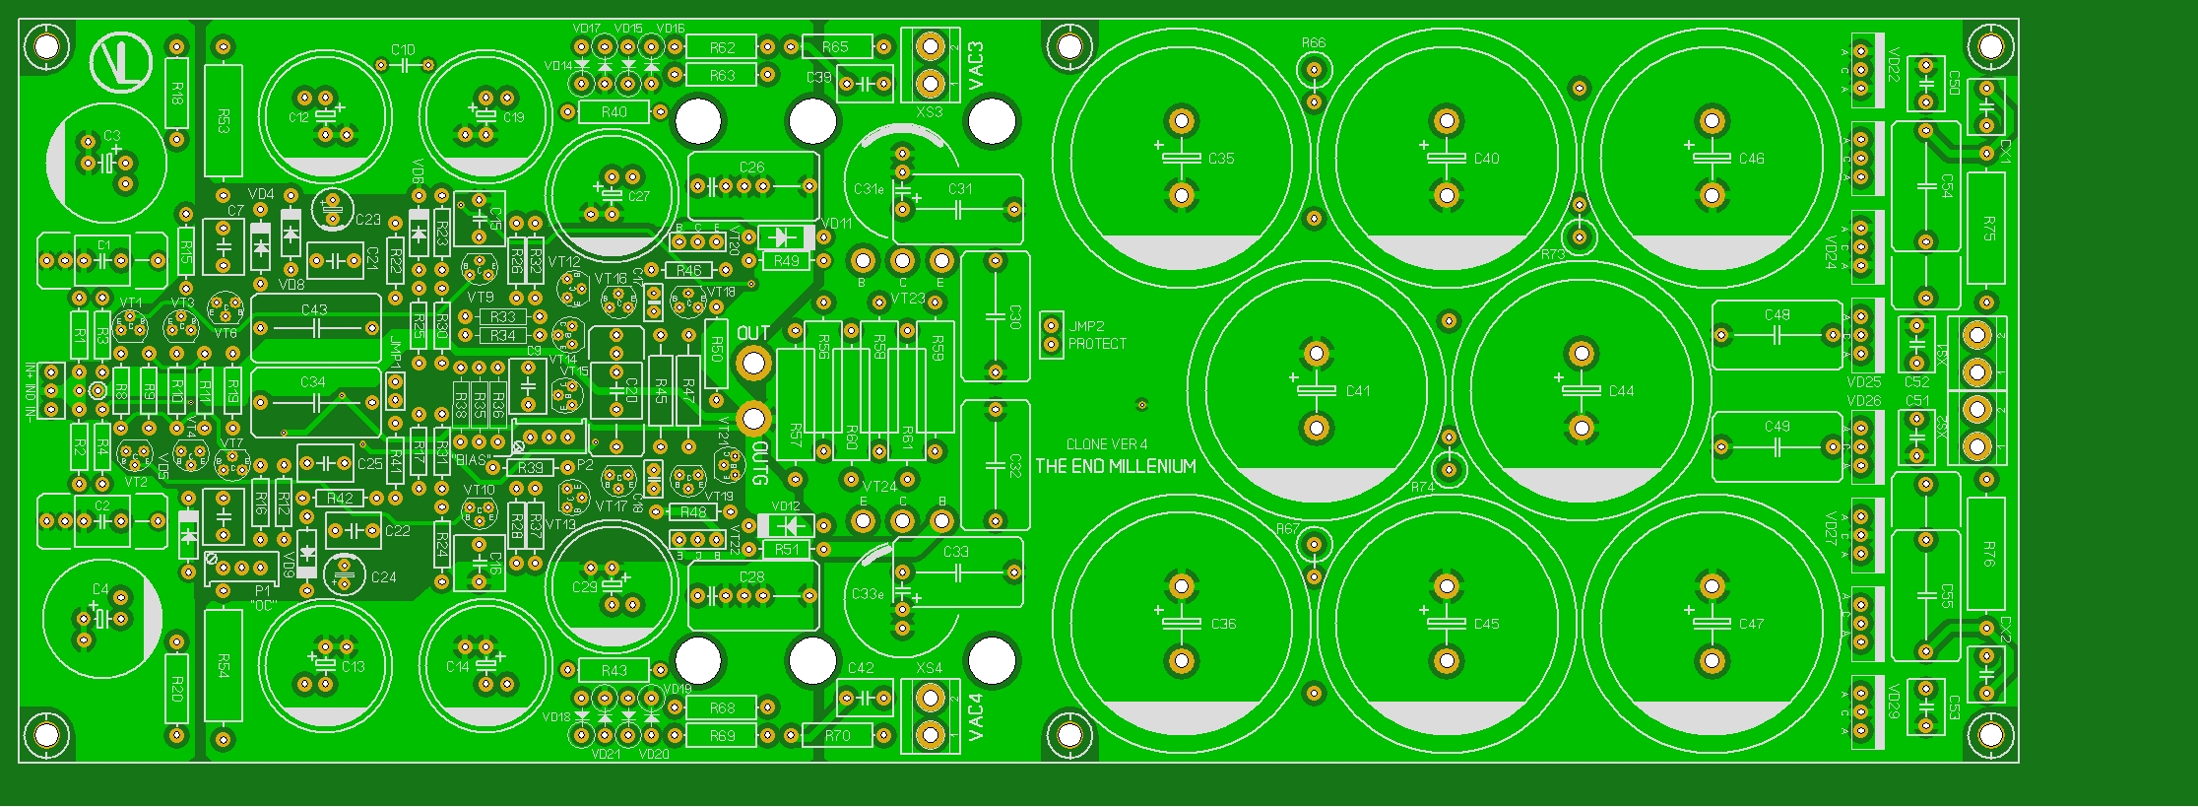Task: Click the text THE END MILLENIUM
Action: [1116, 466]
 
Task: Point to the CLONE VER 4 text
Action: [1107, 444]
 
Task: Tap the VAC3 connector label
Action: [976, 65]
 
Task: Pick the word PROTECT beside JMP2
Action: [1097, 344]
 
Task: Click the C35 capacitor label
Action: [1221, 159]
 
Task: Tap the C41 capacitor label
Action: [1358, 391]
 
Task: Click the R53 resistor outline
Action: [223, 121]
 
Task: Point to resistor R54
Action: [223, 666]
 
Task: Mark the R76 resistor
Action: [1987, 554]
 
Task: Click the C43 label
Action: [314, 309]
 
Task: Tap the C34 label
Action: [313, 382]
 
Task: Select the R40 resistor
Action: [614, 112]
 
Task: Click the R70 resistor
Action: [837, 735]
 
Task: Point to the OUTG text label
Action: [759, 463]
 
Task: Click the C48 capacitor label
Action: [1777, 315]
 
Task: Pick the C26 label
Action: [751, 168]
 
